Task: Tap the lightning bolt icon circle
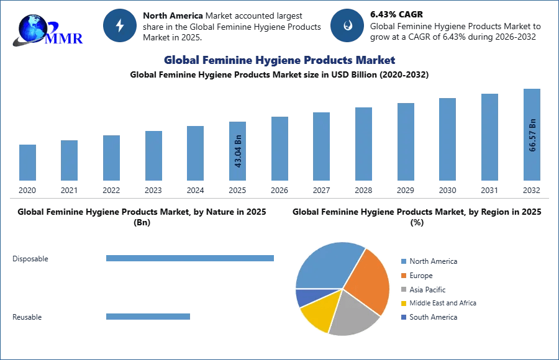pyautogui.click(x=119, y=25)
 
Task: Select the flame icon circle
pyautogui.click(x=346, y=25)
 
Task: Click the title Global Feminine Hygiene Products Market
pyautogui.click(x=279, y=60)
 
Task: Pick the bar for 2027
pyautogui.click(x=321, y=146)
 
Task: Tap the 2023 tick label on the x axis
pyautogui.click(x=153, y=190)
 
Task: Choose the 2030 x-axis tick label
pyautogui.click(x=447, y=190)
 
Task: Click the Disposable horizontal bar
pyautogui.click(x=189, y=258)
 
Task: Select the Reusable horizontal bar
pyautogui.click(x=148, y=317)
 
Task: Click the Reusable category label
pyautogui.click(x=27, y=317)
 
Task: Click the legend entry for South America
pyautogui.click(x=432, y=317)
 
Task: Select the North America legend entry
pyautogui.click(x=432, y=261)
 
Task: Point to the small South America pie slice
pyautogui.click(x=305, y=297)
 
